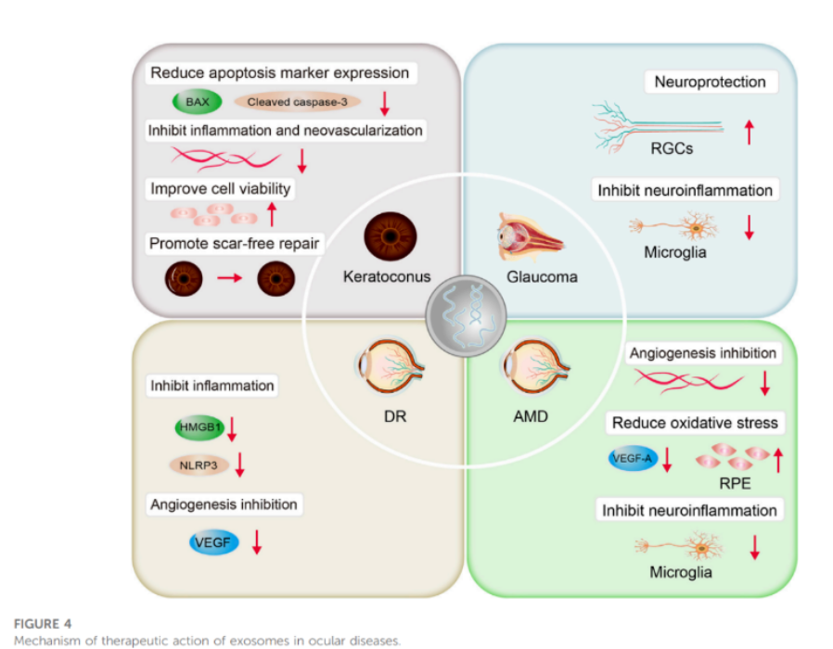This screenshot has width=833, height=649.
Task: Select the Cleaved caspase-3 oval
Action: click(x=297, y=102)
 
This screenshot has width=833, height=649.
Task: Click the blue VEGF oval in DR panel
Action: click(x=213, y=542)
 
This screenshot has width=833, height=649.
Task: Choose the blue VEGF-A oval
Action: click(x=633, y=458)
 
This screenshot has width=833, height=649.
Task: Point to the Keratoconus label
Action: click(x=387, y=276)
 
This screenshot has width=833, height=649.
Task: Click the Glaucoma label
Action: click(x=542, y=276)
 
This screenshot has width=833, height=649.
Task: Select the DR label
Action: click(x=395, y=416)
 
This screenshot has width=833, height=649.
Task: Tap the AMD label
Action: click(x=531, y=416)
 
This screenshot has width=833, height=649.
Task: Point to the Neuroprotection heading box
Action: click(x=711, y=82)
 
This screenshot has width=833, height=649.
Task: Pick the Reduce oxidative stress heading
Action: click(x=695, y=423)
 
